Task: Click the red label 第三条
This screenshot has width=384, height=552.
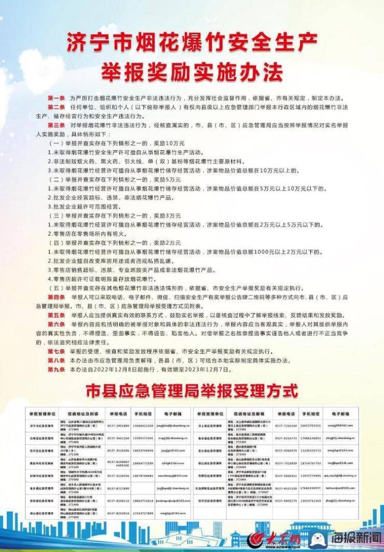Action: (x=56, y=125)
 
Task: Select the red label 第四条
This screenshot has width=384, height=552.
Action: (x=56, y=298)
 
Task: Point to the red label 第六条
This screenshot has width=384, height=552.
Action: (x=56, y=324)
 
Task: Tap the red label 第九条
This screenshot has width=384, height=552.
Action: (x=56, y=369)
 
